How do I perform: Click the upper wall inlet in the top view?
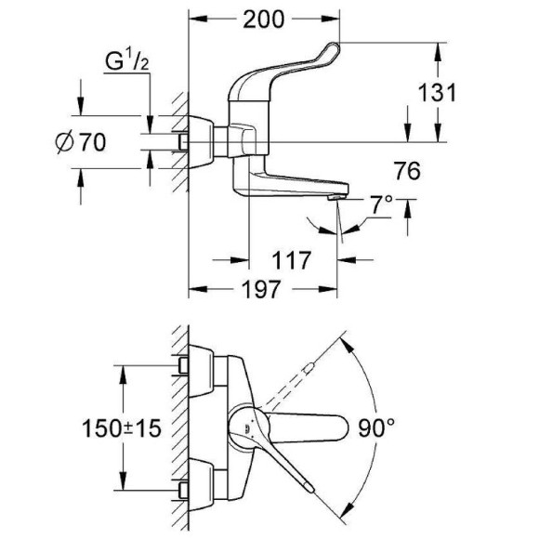click(x=187, y=366)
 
